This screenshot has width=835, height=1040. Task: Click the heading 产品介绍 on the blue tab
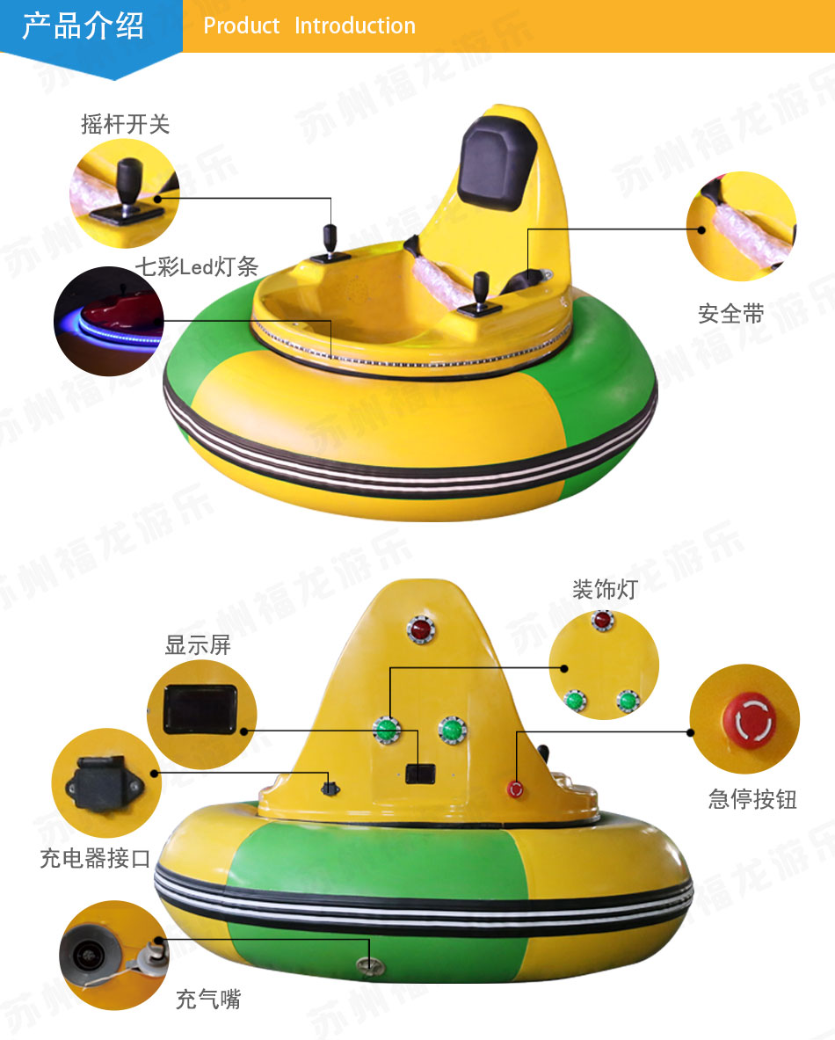pos(83,25)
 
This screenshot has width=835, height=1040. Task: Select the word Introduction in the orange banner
pos(355,25)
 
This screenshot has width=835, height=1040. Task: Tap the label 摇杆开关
pos(126,124)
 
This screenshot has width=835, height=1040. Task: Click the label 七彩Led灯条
pos(197,266)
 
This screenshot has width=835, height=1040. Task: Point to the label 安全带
pos(731,314)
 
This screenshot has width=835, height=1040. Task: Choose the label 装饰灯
pos(605,589)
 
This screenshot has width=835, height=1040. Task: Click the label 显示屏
pos(198,644)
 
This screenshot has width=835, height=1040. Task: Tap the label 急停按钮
pos(752,799)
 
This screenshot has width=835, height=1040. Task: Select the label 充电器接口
pos(96,858)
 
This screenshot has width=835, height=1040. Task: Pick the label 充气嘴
pos(208,999)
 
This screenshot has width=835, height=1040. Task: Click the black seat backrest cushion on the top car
pos(497,163)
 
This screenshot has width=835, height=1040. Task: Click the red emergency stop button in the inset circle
pos(750,720)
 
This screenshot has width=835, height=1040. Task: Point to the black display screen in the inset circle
pos(200,709)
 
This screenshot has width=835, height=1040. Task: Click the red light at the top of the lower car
pos(420,629)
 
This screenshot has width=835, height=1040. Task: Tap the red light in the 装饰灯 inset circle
pos(602,621)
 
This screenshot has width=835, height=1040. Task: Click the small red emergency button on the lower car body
pos(515,789)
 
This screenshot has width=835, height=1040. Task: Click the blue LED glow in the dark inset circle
pos(116,330)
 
